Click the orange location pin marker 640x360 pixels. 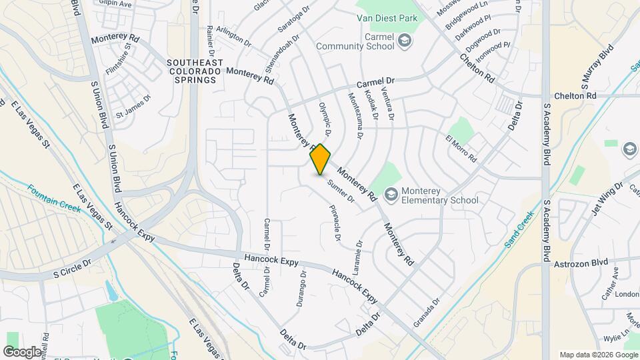point(321,159)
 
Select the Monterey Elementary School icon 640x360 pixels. point(391,195)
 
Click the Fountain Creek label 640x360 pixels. point(54,199)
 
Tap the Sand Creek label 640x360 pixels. point(519,229)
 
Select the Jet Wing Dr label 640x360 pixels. point(606,199)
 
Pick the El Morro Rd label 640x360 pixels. point(461,149)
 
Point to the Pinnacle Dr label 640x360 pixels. point(335,223)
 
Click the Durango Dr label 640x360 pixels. point(301,287)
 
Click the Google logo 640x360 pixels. point(22,351)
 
